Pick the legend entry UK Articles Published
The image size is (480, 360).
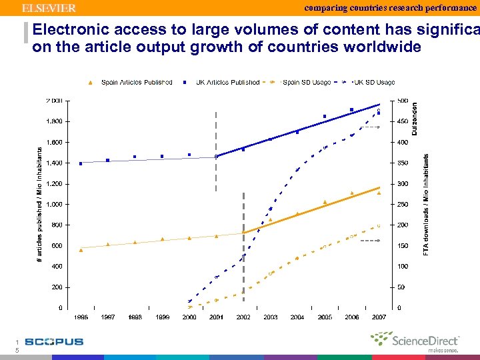point(223,83)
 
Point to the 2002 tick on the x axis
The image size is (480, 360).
point(243,317)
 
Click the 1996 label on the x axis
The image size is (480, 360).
point(81,317)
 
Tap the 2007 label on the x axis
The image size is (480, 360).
point(379,317)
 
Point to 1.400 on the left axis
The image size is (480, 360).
point(55,163)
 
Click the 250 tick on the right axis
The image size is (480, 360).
point(402,204)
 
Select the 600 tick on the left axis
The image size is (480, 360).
point(57,245)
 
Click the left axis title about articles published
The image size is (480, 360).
point(39,204)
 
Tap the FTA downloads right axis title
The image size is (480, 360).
point(427,204)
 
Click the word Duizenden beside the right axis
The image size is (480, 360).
point(414,119)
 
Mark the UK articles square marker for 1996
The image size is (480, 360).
point(81,163)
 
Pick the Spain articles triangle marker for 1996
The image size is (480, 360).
point(81,249)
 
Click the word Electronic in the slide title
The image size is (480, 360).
point(71,30)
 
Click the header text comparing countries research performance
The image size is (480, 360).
point(391,7)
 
